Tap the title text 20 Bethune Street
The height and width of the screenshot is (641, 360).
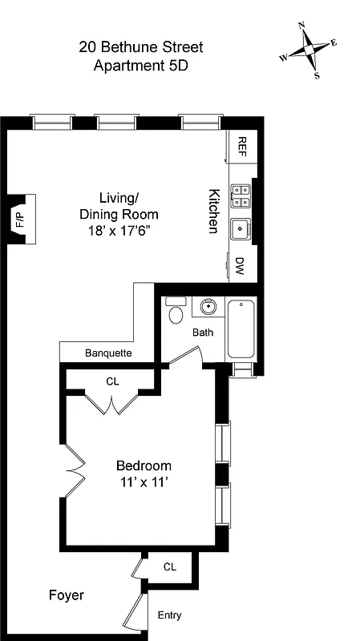click(140, 47)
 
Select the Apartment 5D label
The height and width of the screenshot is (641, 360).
click(140, 67)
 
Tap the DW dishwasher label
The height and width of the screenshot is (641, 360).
click(240, 265)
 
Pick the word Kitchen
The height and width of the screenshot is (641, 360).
click(214, 211)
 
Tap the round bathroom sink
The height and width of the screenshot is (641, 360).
click(208, 306)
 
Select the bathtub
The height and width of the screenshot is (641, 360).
click(241, 329)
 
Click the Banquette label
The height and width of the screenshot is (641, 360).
click(108, 353)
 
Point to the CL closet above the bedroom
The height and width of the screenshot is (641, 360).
click(112, 381)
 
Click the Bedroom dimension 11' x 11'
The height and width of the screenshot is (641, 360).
click(144, 482)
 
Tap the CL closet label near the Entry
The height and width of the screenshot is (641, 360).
click(169, 566)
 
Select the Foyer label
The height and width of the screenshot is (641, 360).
click(66, 596)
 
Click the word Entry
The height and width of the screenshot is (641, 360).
click(169, 615)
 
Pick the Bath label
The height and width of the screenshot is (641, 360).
click(201, 332)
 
